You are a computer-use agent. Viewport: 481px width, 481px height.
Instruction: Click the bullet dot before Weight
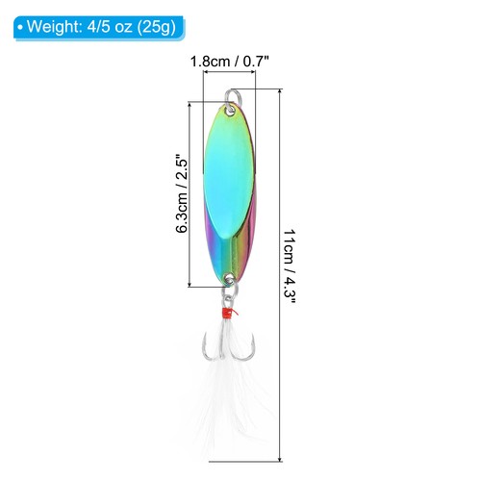point(19,25)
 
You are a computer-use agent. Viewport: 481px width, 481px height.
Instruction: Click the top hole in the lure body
point(231,110)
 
